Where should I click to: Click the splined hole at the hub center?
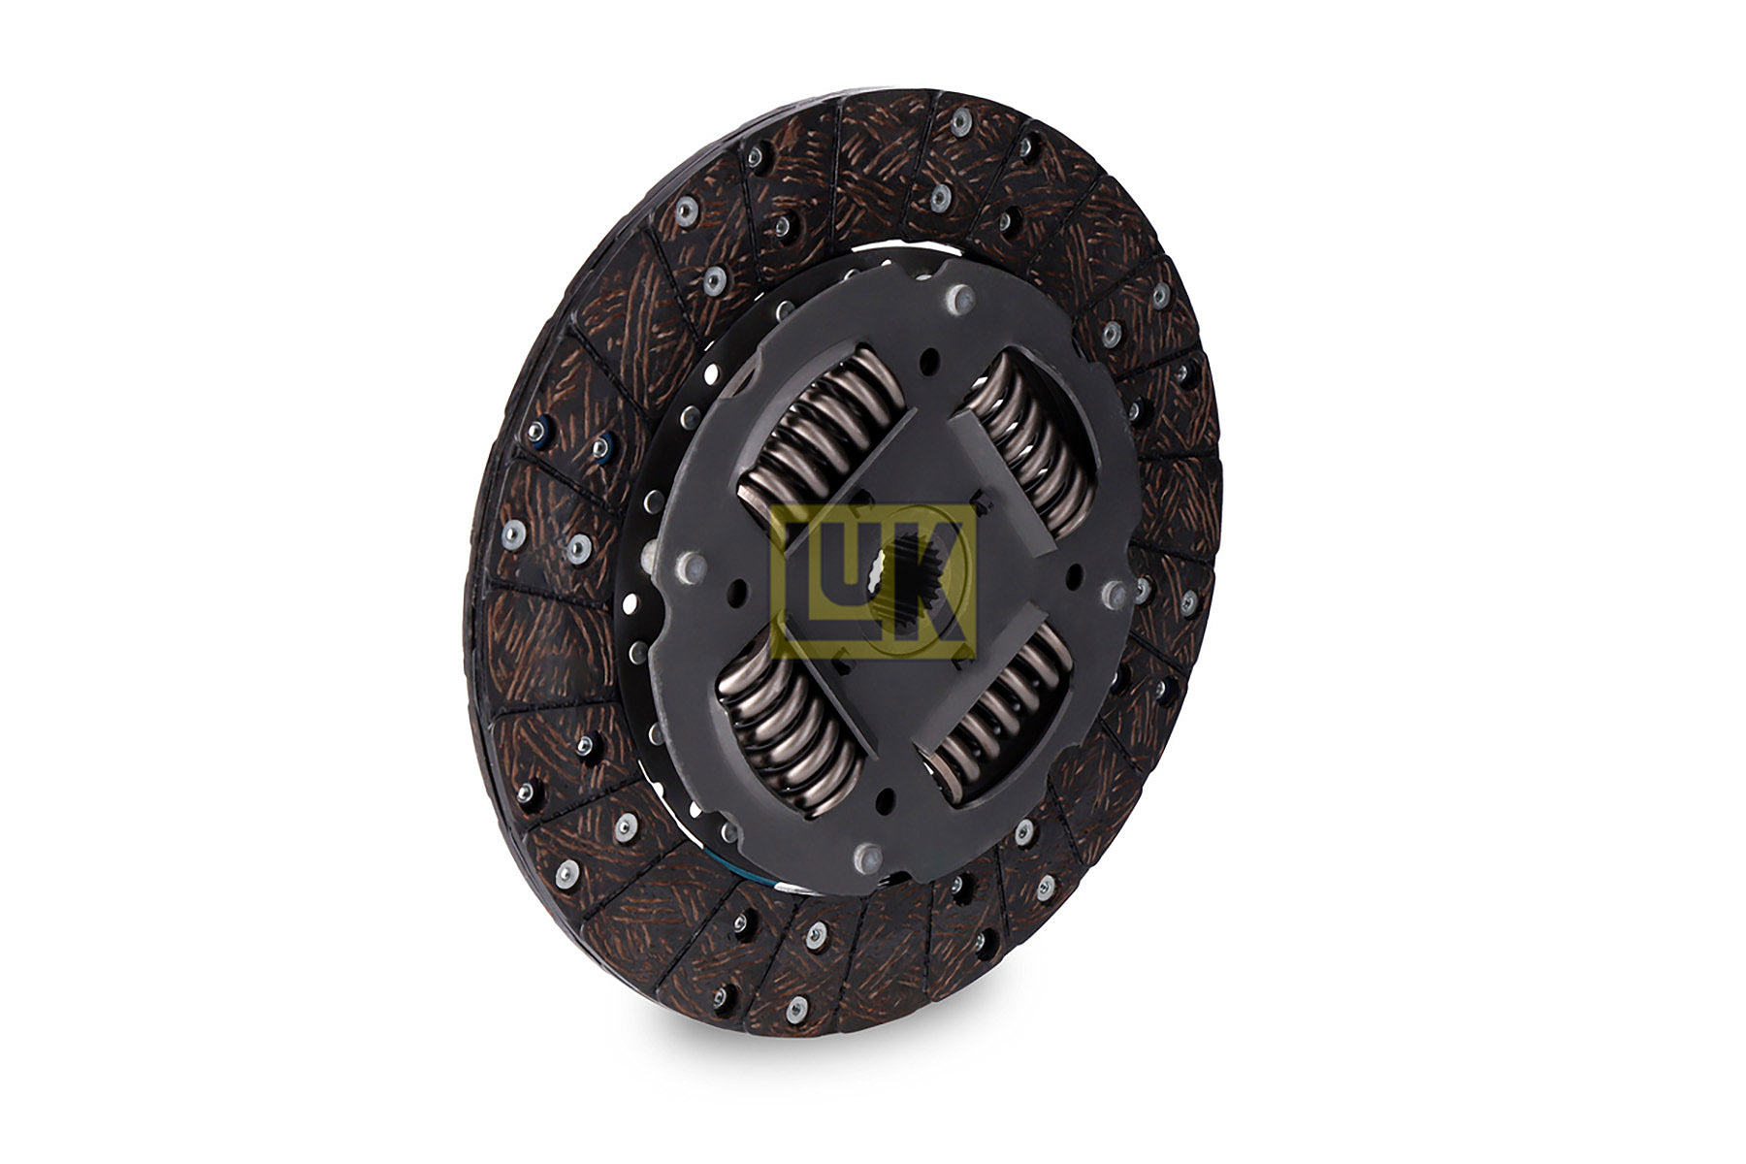906,592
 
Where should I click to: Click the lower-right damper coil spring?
999,713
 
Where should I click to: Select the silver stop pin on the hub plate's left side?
692,566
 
